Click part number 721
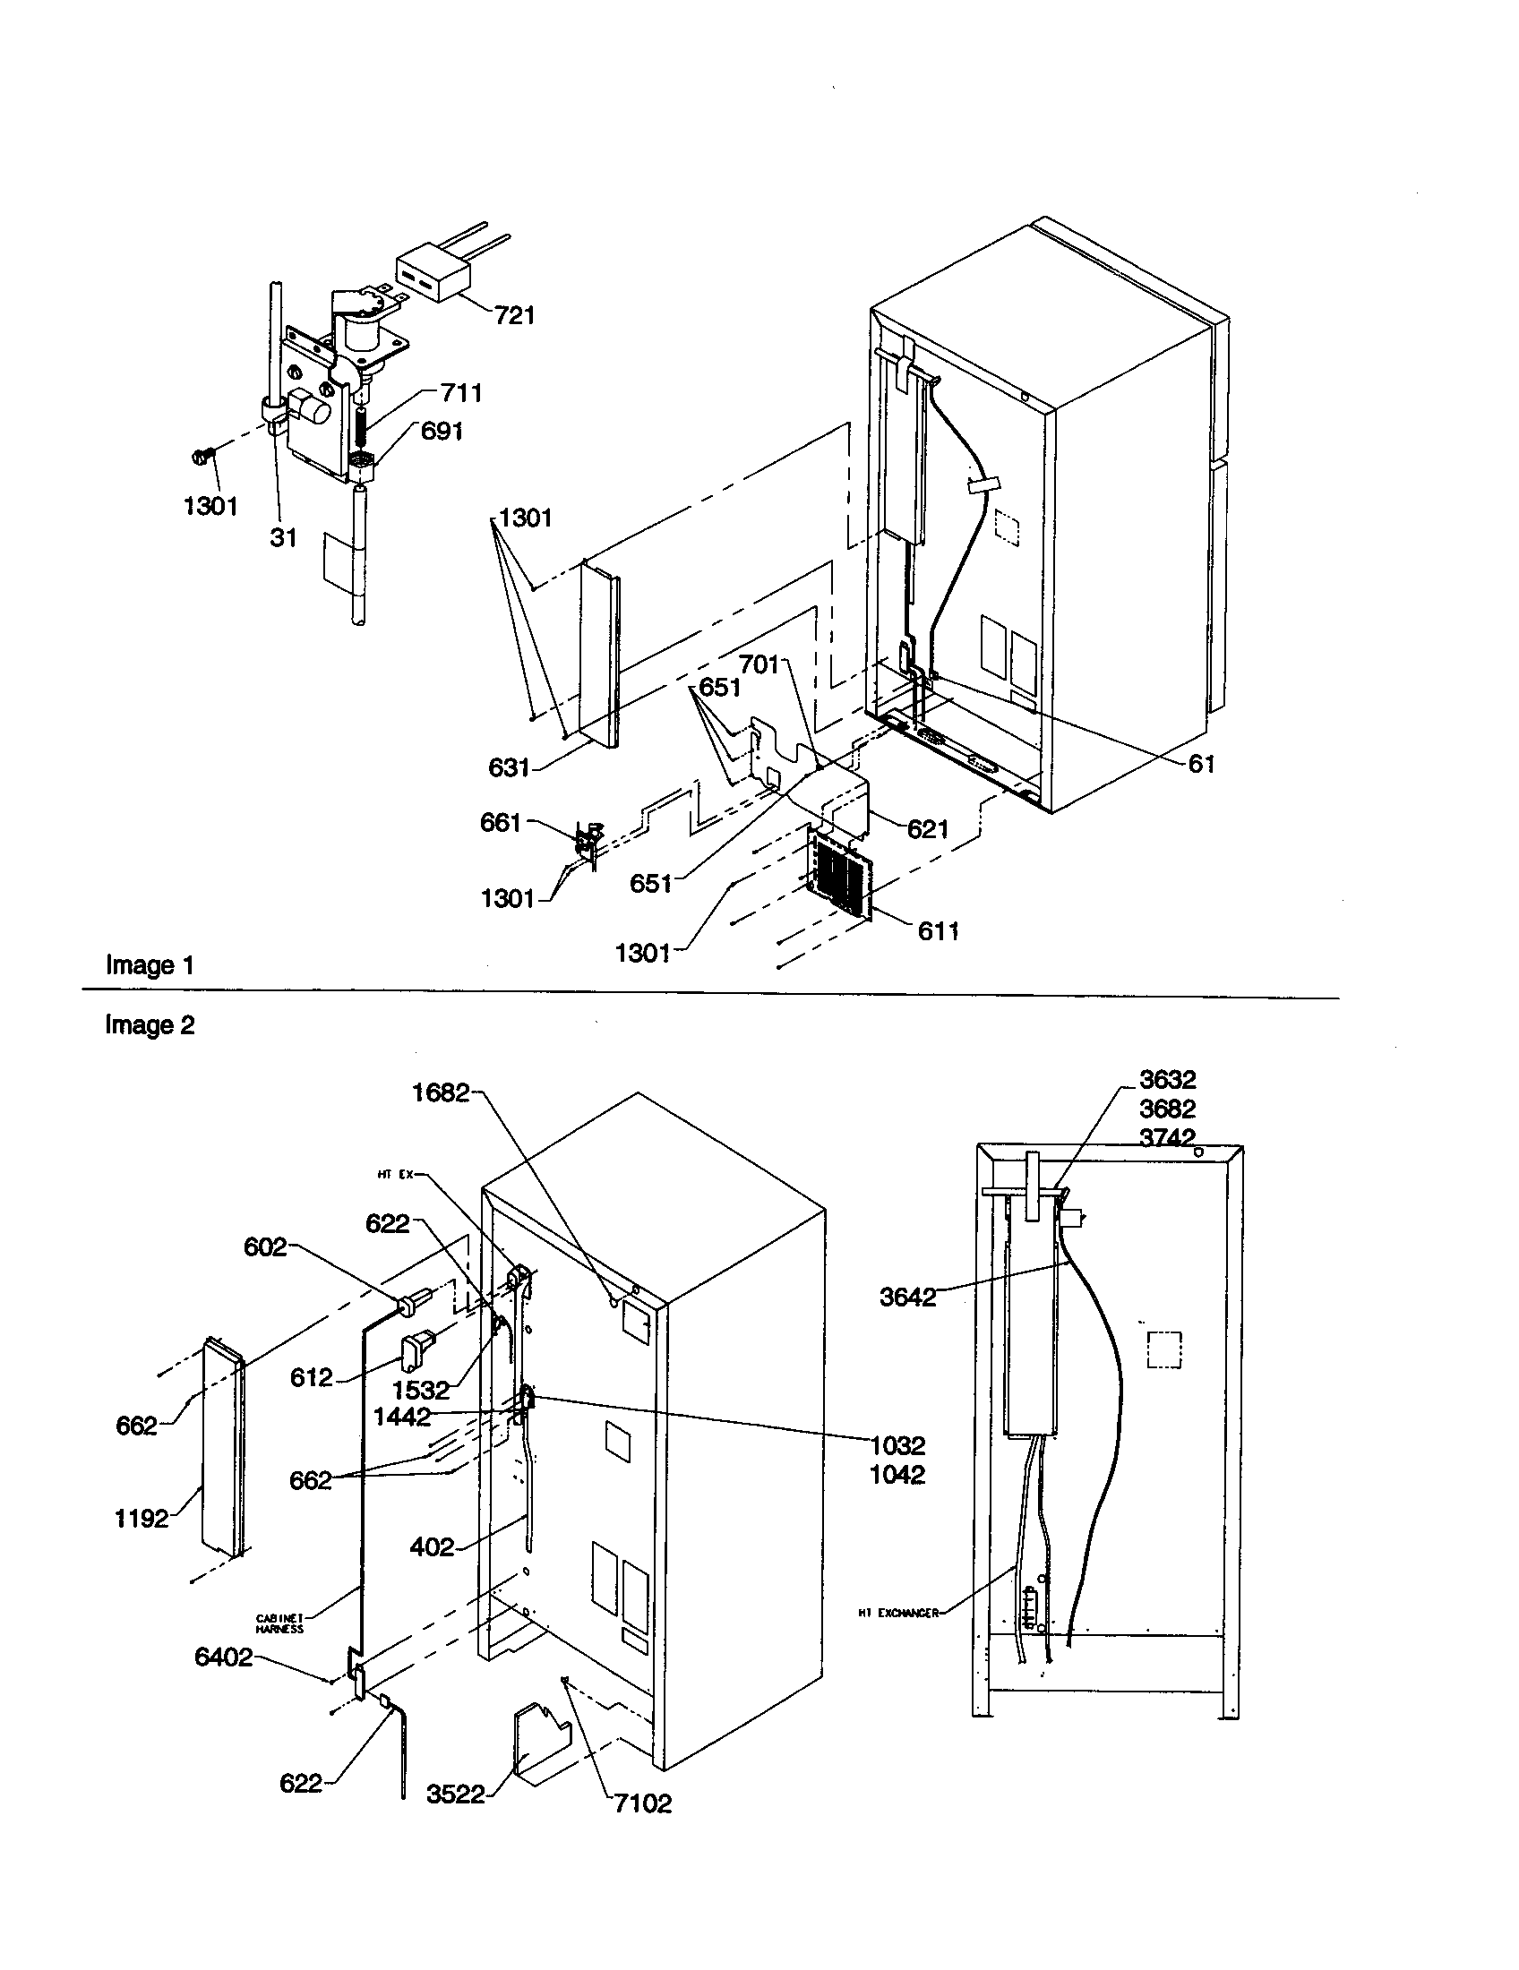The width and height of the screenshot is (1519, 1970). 514,316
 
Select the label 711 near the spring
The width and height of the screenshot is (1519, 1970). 461,393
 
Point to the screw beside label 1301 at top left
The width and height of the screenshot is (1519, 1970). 202,458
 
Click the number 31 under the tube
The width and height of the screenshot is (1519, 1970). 283,538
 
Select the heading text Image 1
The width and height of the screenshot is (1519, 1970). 150,965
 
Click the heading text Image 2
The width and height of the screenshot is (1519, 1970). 150,1025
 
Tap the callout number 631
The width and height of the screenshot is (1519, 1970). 509,767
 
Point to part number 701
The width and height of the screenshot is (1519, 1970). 759,664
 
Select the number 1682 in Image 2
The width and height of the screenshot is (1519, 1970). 441,1093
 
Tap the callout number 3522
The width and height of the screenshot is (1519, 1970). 456,1795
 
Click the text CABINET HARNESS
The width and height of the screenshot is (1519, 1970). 279,1624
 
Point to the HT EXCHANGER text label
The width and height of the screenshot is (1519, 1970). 898,1613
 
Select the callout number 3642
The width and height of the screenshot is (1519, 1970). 907,1298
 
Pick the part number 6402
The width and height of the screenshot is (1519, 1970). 224,1657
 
